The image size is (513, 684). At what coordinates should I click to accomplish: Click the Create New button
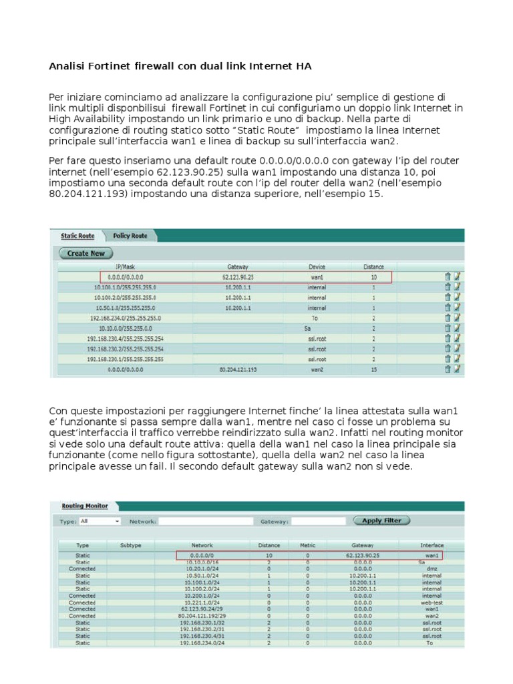(x=86, y=253)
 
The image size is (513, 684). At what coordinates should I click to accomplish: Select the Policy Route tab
(x=130, y=236)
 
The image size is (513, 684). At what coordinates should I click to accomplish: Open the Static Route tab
(x=77, y=236)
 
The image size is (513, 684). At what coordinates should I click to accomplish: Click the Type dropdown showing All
(x=100, y=520)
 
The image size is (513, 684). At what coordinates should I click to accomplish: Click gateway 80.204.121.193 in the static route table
(x=238, y=369)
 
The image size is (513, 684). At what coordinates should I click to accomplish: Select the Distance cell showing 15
(x=373, y=369)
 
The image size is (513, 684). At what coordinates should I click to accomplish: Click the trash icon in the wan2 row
(x=448, y=369)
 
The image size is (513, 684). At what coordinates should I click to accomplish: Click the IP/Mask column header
(x=125, y=266)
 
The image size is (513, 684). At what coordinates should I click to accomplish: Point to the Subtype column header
(x=130, y=545)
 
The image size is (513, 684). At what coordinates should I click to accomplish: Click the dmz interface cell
(x=432, y=568)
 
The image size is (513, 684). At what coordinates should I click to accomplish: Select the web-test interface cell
(x=432, y=602)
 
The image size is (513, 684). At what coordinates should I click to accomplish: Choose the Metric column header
(x=307, y=545)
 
